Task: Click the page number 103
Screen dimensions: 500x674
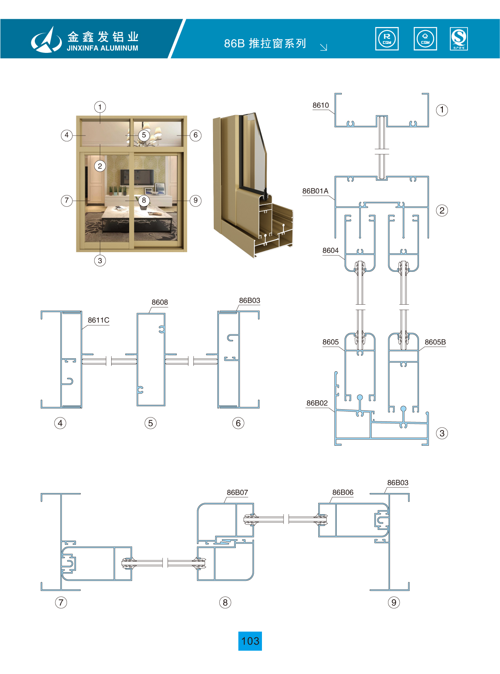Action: click(250, 641)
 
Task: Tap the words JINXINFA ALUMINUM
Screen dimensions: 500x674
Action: click(103, 48)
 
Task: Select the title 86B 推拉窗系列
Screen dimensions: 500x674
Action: click(265, 43)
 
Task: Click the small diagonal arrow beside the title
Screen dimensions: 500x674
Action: click(323, 47)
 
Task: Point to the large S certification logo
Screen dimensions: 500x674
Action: click(459, 39)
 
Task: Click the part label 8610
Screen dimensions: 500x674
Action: click(321, 105)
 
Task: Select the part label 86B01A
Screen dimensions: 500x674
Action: click(315, 191)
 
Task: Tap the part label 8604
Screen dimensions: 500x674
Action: click(330, 251)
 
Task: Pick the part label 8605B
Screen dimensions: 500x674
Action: click(435, 342)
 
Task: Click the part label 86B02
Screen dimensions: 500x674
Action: click(317, 403)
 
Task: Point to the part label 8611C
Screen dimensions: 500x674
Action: click(99, 320)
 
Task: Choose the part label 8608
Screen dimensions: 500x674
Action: click(160, 302)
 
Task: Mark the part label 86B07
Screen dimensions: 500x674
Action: click(237, 493)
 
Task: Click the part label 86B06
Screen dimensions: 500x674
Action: click(343, 493)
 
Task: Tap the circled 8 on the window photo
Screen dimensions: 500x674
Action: click(144, 201)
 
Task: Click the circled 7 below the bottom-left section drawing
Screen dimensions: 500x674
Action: click(61, 602)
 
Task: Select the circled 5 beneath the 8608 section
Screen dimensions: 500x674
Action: click(150, 423)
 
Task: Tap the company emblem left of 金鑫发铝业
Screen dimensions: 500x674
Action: click(47, 40)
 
